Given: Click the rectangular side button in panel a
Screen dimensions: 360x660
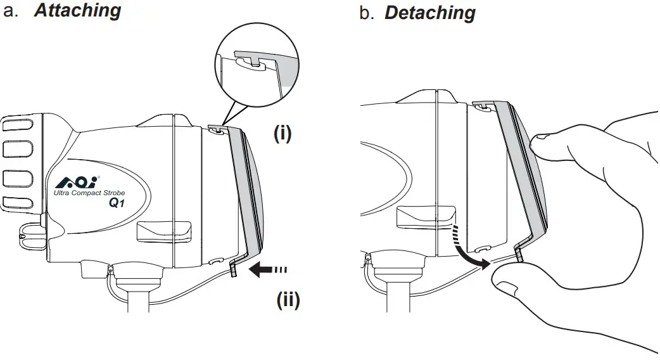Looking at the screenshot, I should point(164,230).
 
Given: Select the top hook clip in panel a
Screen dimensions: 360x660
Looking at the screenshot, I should point(217,129).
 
